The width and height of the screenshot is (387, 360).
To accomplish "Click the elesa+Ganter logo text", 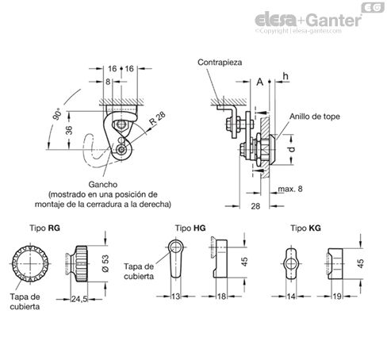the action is [x=308, y=21].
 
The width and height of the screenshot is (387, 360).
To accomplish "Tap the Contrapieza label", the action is [x=220, y=63].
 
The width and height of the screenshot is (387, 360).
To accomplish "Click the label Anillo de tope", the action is [x=315, y=117].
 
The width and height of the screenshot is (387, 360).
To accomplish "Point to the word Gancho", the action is [x=103, y=184].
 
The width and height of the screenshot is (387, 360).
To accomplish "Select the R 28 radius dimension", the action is [x=157, y=118].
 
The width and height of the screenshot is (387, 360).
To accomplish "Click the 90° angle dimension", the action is [x=57, y=114].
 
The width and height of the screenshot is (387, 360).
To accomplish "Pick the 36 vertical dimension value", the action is [x=69, y=130].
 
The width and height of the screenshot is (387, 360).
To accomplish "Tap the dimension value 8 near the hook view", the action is [x=108, y=82].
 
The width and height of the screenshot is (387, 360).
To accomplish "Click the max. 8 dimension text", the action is [x=290, y=189].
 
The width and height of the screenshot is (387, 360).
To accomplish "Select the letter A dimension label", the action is [x=260, y=82].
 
